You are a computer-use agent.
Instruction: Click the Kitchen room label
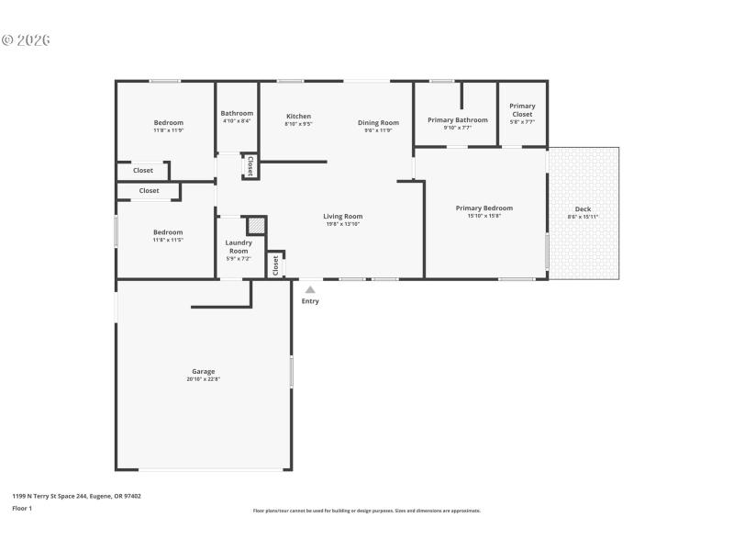click(298, 117)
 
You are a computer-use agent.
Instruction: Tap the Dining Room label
click(378, 123)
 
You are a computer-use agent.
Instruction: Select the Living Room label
click(343, 217)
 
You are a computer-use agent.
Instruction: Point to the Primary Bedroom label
click(484, 208)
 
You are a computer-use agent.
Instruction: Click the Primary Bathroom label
click(458, 120)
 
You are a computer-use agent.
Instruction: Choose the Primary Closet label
click(522, 107)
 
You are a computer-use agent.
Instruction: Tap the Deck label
click(583, 209)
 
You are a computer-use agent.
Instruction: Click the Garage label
click(204, 371)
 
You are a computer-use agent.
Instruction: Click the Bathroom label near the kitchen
click(237, 113)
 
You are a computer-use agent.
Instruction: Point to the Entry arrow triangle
click(310, 289)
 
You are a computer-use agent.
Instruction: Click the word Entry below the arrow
click(310, 301)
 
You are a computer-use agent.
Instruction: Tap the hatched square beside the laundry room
click(257, 226)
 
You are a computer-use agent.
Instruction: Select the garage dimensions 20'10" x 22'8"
click(204, 379)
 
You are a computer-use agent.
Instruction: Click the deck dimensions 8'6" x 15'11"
click(583, 217)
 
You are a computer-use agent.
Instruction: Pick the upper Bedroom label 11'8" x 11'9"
click(168, 123)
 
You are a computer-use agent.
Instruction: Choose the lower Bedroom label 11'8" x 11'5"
click(168, 232)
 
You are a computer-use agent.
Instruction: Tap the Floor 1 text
click(22, 508)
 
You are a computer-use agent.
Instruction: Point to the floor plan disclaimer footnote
click(366, 511)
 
